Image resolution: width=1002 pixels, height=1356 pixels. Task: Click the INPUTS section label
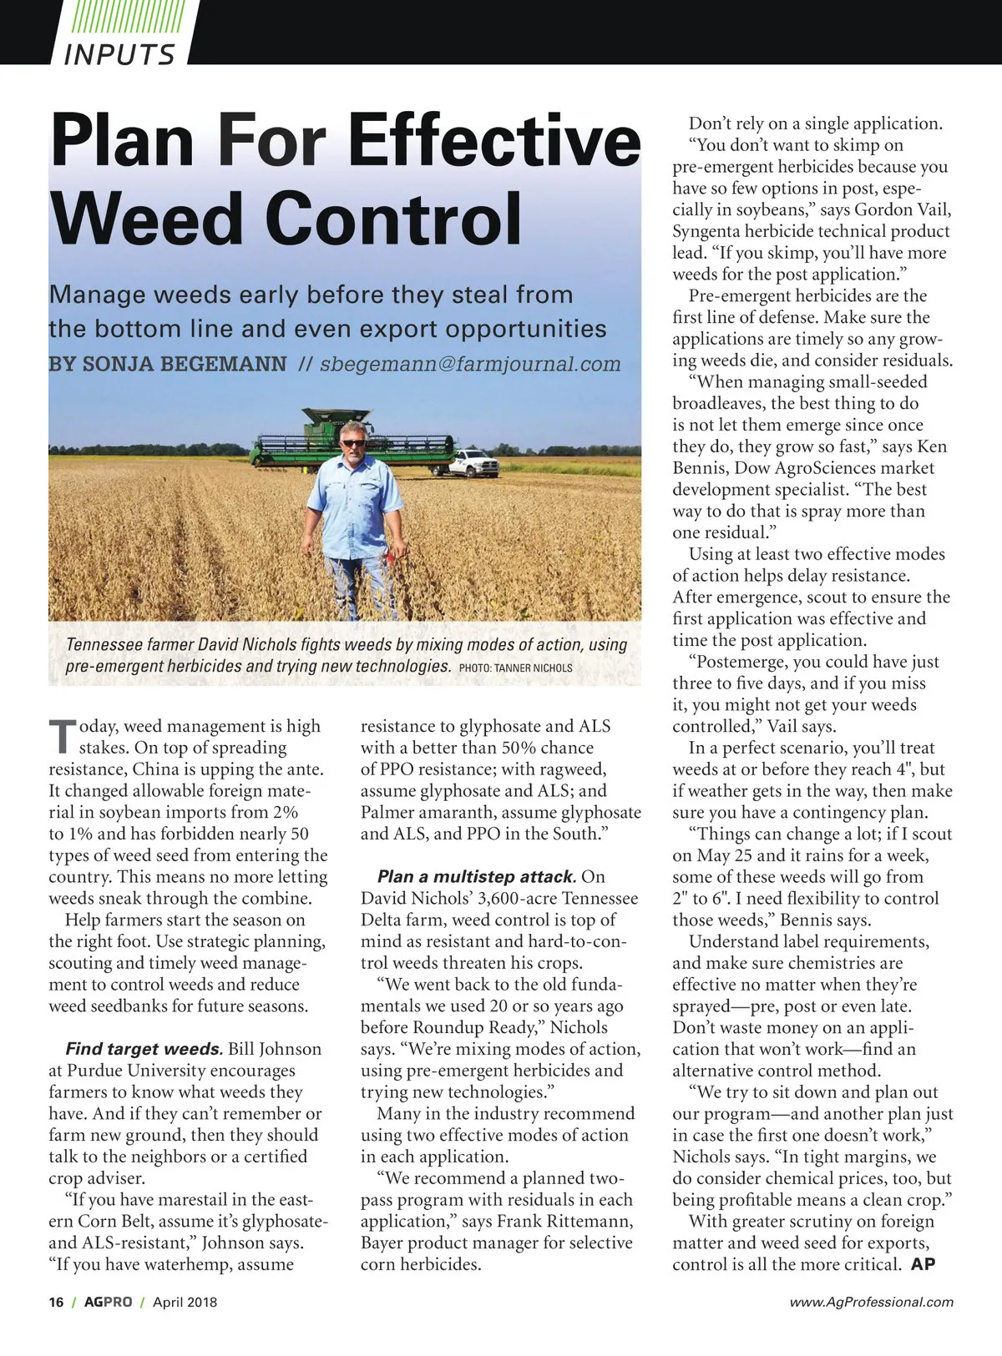[x=119, y=53]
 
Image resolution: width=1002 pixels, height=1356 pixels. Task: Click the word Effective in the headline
[x=493, y=140]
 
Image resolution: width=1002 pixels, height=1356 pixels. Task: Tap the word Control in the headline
[x=393, y=219]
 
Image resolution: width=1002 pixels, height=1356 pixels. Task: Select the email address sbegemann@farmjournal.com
[x=470, y=364]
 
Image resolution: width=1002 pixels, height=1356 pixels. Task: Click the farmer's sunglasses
[x=353, y=442]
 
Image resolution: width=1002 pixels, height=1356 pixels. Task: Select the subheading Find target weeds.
[x=144, y=1049]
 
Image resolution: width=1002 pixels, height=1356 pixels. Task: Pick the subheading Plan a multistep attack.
[x=477, y=876]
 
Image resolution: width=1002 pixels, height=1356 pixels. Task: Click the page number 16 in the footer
[x=56, y=1302]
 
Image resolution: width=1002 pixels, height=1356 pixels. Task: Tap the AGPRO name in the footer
[x=108, y=1302]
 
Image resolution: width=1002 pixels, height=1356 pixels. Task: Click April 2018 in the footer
[x=185, y=1302]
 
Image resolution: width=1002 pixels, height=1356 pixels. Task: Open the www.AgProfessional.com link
[x=871, y=1302]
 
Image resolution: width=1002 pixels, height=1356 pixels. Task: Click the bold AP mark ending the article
[x=923, y=1264]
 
